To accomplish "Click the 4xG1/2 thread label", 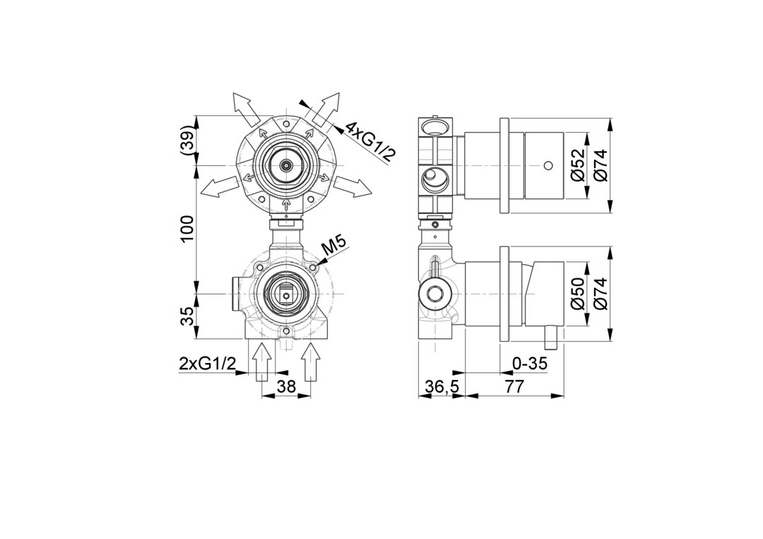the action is click(369, 141).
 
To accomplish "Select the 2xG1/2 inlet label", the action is click(208, 363).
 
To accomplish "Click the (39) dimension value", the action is click(188, 141).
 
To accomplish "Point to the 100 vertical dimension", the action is click(188, 229).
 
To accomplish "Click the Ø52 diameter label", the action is click(579, 165).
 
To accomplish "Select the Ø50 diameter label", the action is click(579, 295).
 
